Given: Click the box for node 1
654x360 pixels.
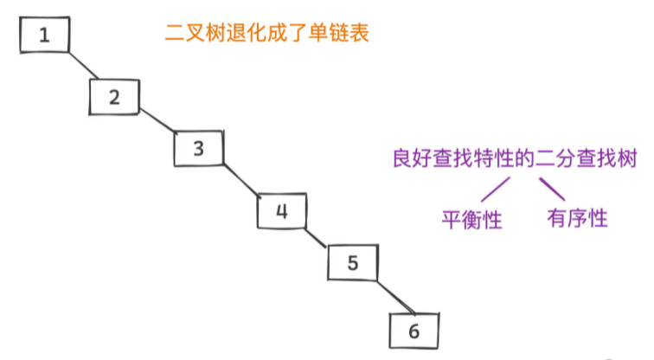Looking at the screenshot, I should coord(42,35).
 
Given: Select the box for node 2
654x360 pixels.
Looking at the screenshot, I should coord(114,95).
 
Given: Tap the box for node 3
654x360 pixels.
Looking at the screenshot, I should coord(198,148).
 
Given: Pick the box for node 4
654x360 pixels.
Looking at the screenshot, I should coord(281,210).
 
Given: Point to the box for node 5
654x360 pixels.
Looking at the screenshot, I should coord(352,262).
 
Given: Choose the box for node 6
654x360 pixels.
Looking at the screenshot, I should coord(414,330).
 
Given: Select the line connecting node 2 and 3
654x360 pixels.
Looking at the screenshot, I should coord(157,121).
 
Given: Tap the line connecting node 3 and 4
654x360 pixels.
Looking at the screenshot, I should coord(241,179).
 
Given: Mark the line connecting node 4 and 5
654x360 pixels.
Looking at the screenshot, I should coord(317,237).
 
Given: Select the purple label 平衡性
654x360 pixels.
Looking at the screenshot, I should coord(472,219).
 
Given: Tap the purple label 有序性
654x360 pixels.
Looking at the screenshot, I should coord(577,218).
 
